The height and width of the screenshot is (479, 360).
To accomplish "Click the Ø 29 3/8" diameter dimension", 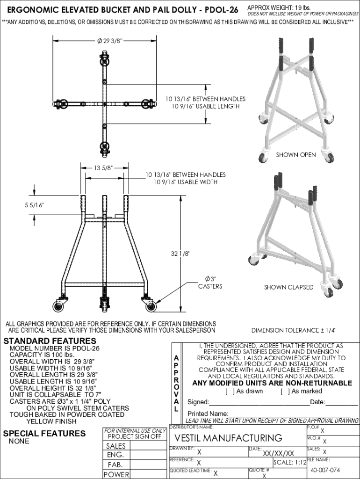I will [x=110, y=41].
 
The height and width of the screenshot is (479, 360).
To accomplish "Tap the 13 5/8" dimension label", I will [x=104, y=168].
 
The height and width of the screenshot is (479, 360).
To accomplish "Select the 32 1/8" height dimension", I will [x=180, y=254].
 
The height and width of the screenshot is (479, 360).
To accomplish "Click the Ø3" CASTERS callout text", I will [x=210, y=283].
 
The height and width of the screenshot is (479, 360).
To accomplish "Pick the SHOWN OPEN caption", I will [x=295, y=155].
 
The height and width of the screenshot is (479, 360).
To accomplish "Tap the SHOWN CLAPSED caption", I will [x=288, y=287].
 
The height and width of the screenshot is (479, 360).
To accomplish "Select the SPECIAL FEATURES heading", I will [x=44, y=433].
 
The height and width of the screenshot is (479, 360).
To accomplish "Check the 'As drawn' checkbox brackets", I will [x=230, y=391].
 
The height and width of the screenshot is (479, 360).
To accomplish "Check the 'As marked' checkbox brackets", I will [x=285, y=391].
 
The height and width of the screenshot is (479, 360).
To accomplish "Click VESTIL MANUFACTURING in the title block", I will [x=228, y=438].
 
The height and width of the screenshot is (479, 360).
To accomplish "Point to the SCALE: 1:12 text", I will [x=290, y=462].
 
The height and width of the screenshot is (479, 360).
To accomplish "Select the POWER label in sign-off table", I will [x=116, y=474].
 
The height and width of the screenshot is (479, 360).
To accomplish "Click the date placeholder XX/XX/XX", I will [x=278, y=453].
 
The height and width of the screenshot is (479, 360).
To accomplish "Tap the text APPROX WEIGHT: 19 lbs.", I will [x=278, y=8].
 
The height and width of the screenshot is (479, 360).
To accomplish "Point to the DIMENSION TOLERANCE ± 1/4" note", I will [x=294, y=330].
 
